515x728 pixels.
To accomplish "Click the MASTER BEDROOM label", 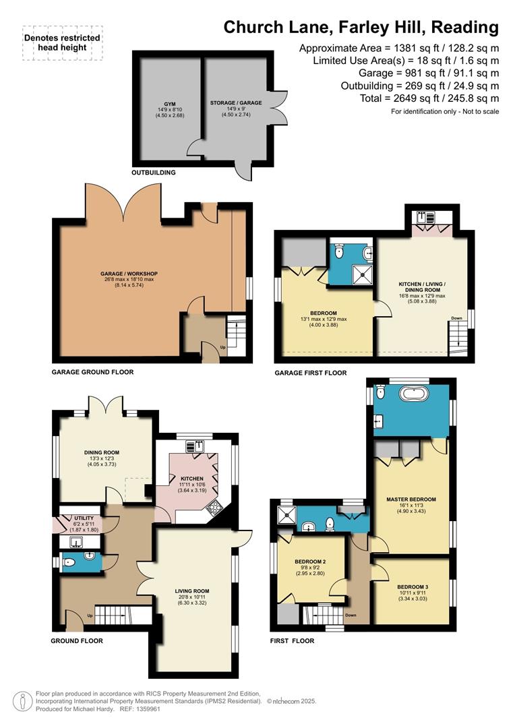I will [411, 499].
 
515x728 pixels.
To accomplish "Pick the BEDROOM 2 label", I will [310, 562].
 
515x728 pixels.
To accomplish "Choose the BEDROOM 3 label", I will [413, 586].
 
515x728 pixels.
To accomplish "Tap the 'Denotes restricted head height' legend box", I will [62, 43].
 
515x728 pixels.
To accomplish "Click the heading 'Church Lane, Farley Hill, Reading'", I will [361, 27].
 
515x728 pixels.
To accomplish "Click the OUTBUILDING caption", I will [154, 173].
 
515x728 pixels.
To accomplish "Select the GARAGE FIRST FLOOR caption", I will [310, 373].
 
